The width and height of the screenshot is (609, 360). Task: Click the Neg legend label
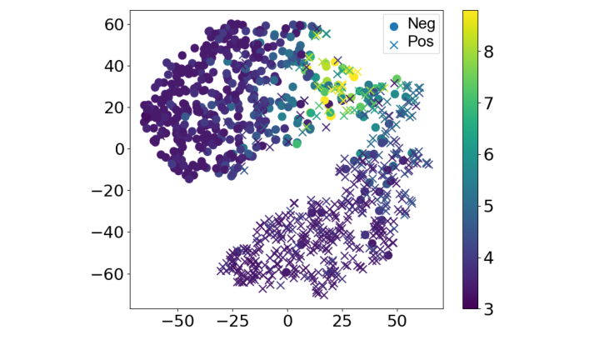coord(422,23)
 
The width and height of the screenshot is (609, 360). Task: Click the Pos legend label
coord(421,40)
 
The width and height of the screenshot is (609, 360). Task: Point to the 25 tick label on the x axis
coord(342,321)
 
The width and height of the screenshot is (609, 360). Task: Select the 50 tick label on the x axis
coord(397,321)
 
